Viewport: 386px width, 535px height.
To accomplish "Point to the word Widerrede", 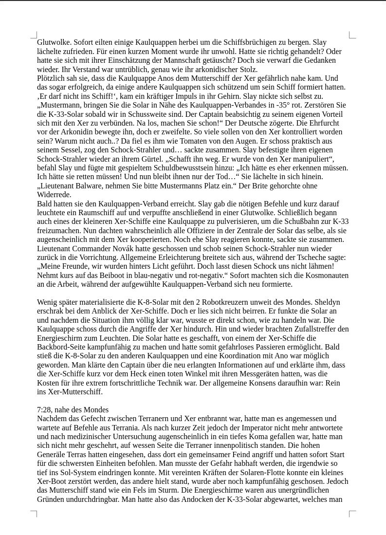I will click(x=54, y=195).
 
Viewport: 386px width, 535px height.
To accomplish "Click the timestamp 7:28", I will click(x=45, y=410).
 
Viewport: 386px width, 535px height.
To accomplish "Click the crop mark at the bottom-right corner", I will click(x=352, y=514).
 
